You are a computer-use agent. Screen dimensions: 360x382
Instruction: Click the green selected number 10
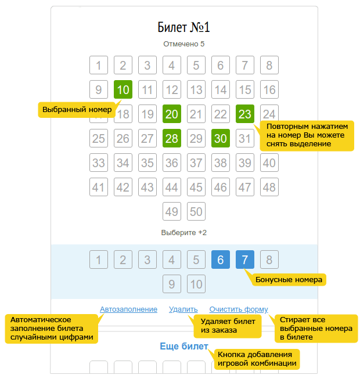coord(123,89)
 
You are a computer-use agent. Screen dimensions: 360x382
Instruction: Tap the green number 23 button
coord(244,114)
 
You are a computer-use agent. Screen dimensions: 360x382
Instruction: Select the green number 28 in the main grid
coord(172,138)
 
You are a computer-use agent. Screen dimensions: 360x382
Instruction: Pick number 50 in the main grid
coord(196,211)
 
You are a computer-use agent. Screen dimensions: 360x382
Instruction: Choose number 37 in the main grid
coord(196,163)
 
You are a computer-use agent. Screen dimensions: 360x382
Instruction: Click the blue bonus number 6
coord(220,260)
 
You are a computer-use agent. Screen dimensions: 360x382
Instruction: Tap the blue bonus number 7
coord(244,260)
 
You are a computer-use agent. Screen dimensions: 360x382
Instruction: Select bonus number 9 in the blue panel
coord(172,284)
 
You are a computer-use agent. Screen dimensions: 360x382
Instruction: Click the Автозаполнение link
coord(128,309)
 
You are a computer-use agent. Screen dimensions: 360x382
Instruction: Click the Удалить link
coord(183,309)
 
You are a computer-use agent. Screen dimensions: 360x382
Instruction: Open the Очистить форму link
coord(239,309)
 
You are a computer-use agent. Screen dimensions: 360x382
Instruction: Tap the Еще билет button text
coord(184,346)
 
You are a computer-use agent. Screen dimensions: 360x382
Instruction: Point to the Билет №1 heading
coord(183,27)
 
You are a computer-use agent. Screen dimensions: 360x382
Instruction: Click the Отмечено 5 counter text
coord(184,44)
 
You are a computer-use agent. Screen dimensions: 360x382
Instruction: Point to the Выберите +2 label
coord(184,233)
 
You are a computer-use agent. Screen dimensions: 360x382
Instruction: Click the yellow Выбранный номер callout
coord(77,110)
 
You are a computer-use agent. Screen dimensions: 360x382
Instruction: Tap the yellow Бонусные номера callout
coord(289,280)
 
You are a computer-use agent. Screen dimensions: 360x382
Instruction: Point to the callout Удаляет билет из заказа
coord(228,326)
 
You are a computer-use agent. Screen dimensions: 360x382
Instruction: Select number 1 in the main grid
coord(99,65)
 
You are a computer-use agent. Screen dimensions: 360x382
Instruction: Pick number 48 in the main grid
coord(269,187)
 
